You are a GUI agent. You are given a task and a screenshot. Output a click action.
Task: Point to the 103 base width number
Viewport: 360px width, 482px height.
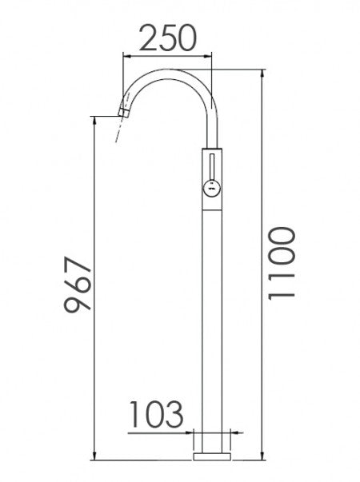pyautogui.click(x=157, y=415)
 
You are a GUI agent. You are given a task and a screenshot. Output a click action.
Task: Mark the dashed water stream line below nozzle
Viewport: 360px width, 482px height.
pyautogui.click(x=118, y=132)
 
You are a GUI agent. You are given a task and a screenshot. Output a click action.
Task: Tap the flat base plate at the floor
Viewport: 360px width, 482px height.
pyautogui.click(x=212, y=456)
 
